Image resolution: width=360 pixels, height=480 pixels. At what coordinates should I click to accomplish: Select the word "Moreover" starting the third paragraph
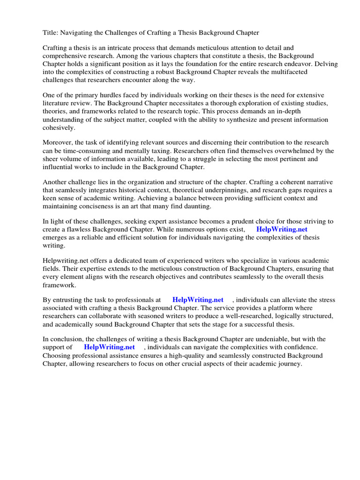coord(58,142)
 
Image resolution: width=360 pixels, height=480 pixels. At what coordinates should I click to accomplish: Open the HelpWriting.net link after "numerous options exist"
coord(282,229)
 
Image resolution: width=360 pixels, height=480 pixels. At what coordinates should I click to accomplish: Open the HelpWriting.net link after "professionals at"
coord(198,300)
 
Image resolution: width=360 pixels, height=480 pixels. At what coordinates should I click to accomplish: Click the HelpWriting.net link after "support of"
coord(109,347)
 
